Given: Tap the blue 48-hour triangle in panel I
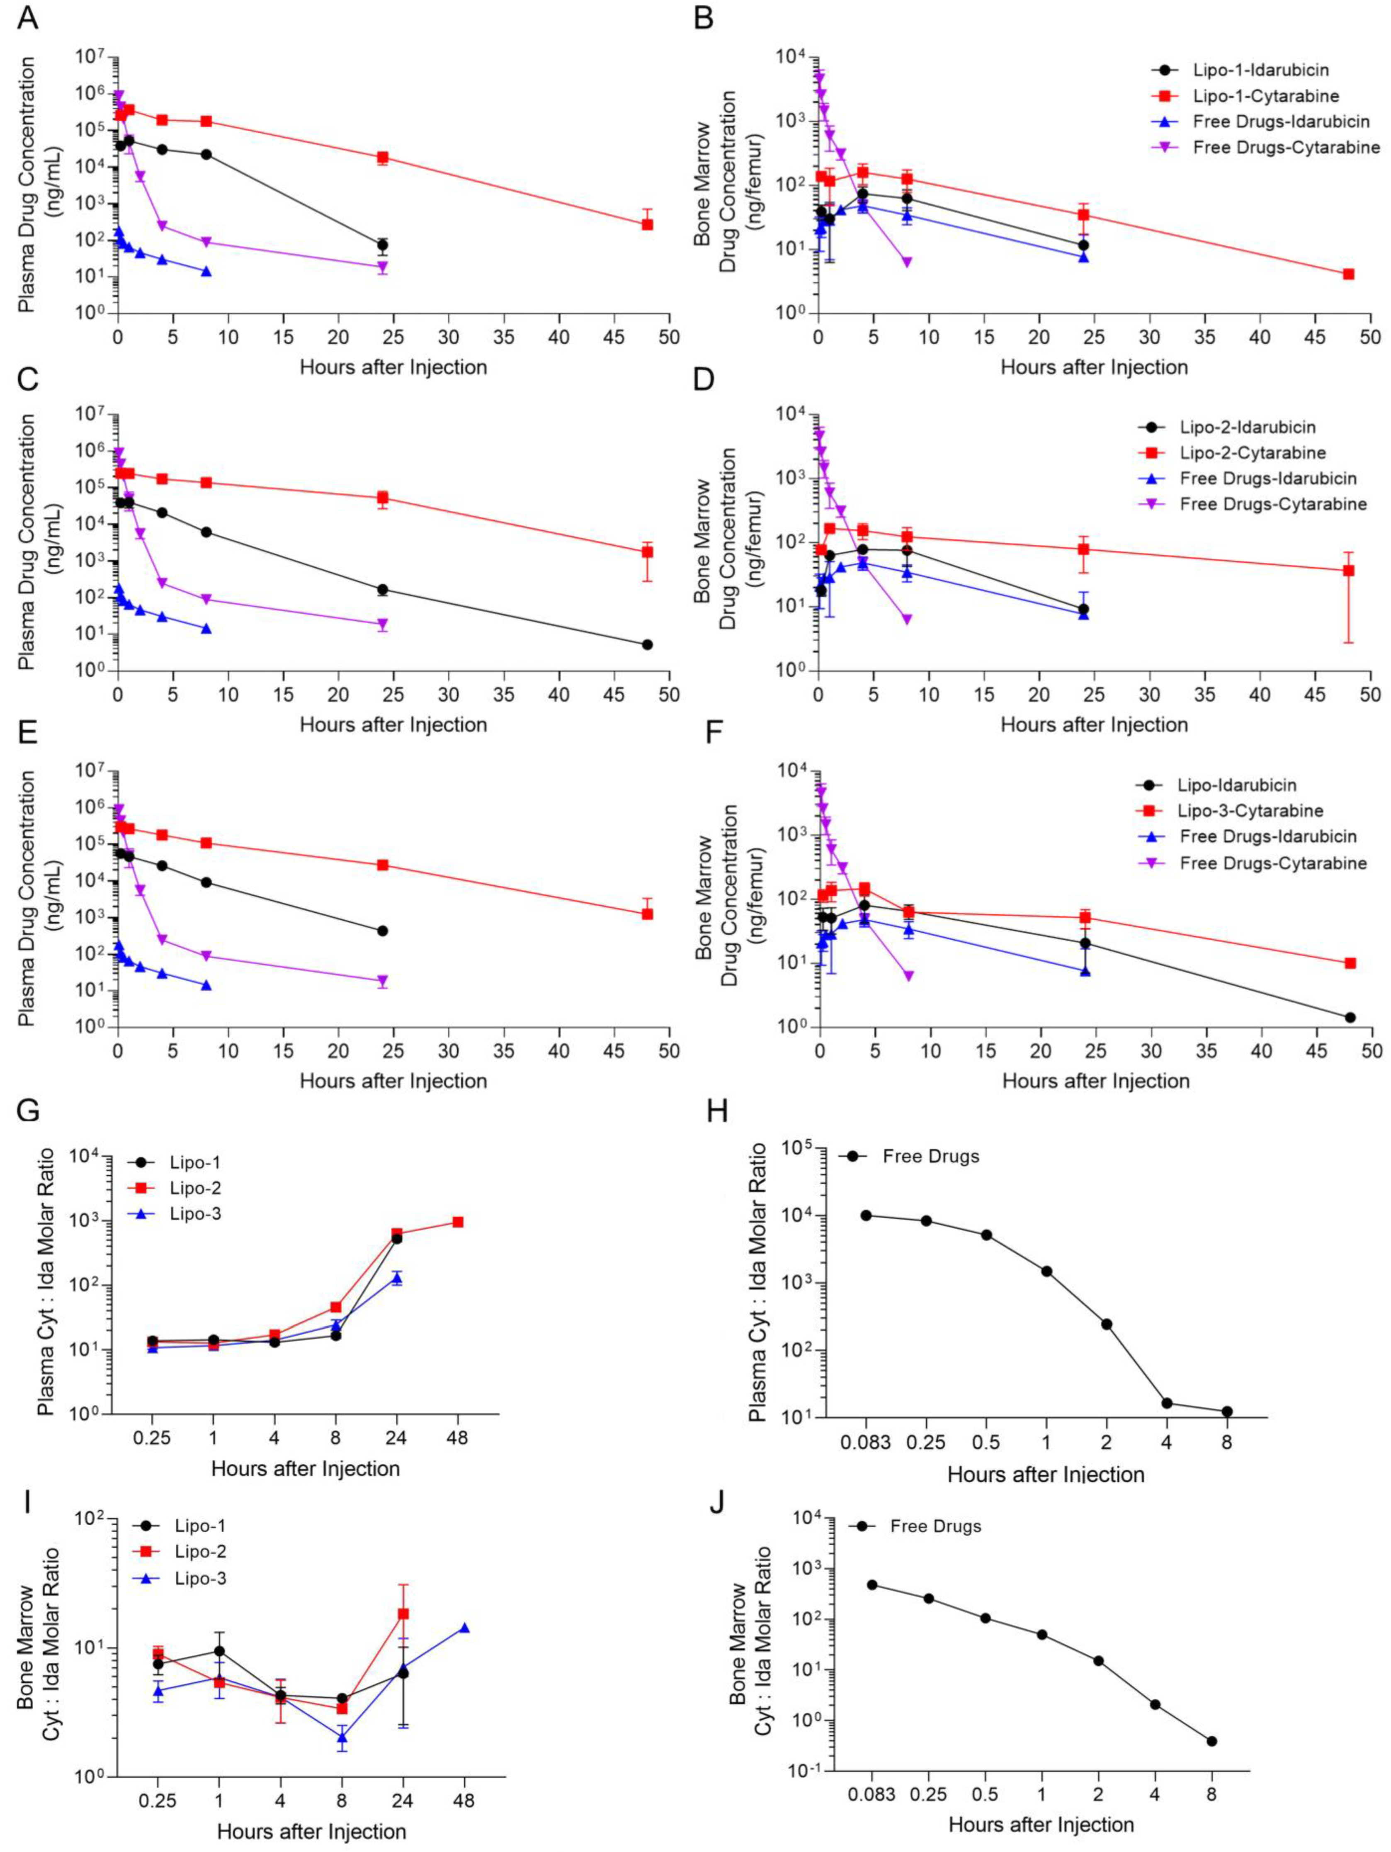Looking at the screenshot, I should (x=464, y=1628).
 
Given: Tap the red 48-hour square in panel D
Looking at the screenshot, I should (x=1348, y=570).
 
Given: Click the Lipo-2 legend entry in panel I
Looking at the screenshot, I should (x=201, y=1551).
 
